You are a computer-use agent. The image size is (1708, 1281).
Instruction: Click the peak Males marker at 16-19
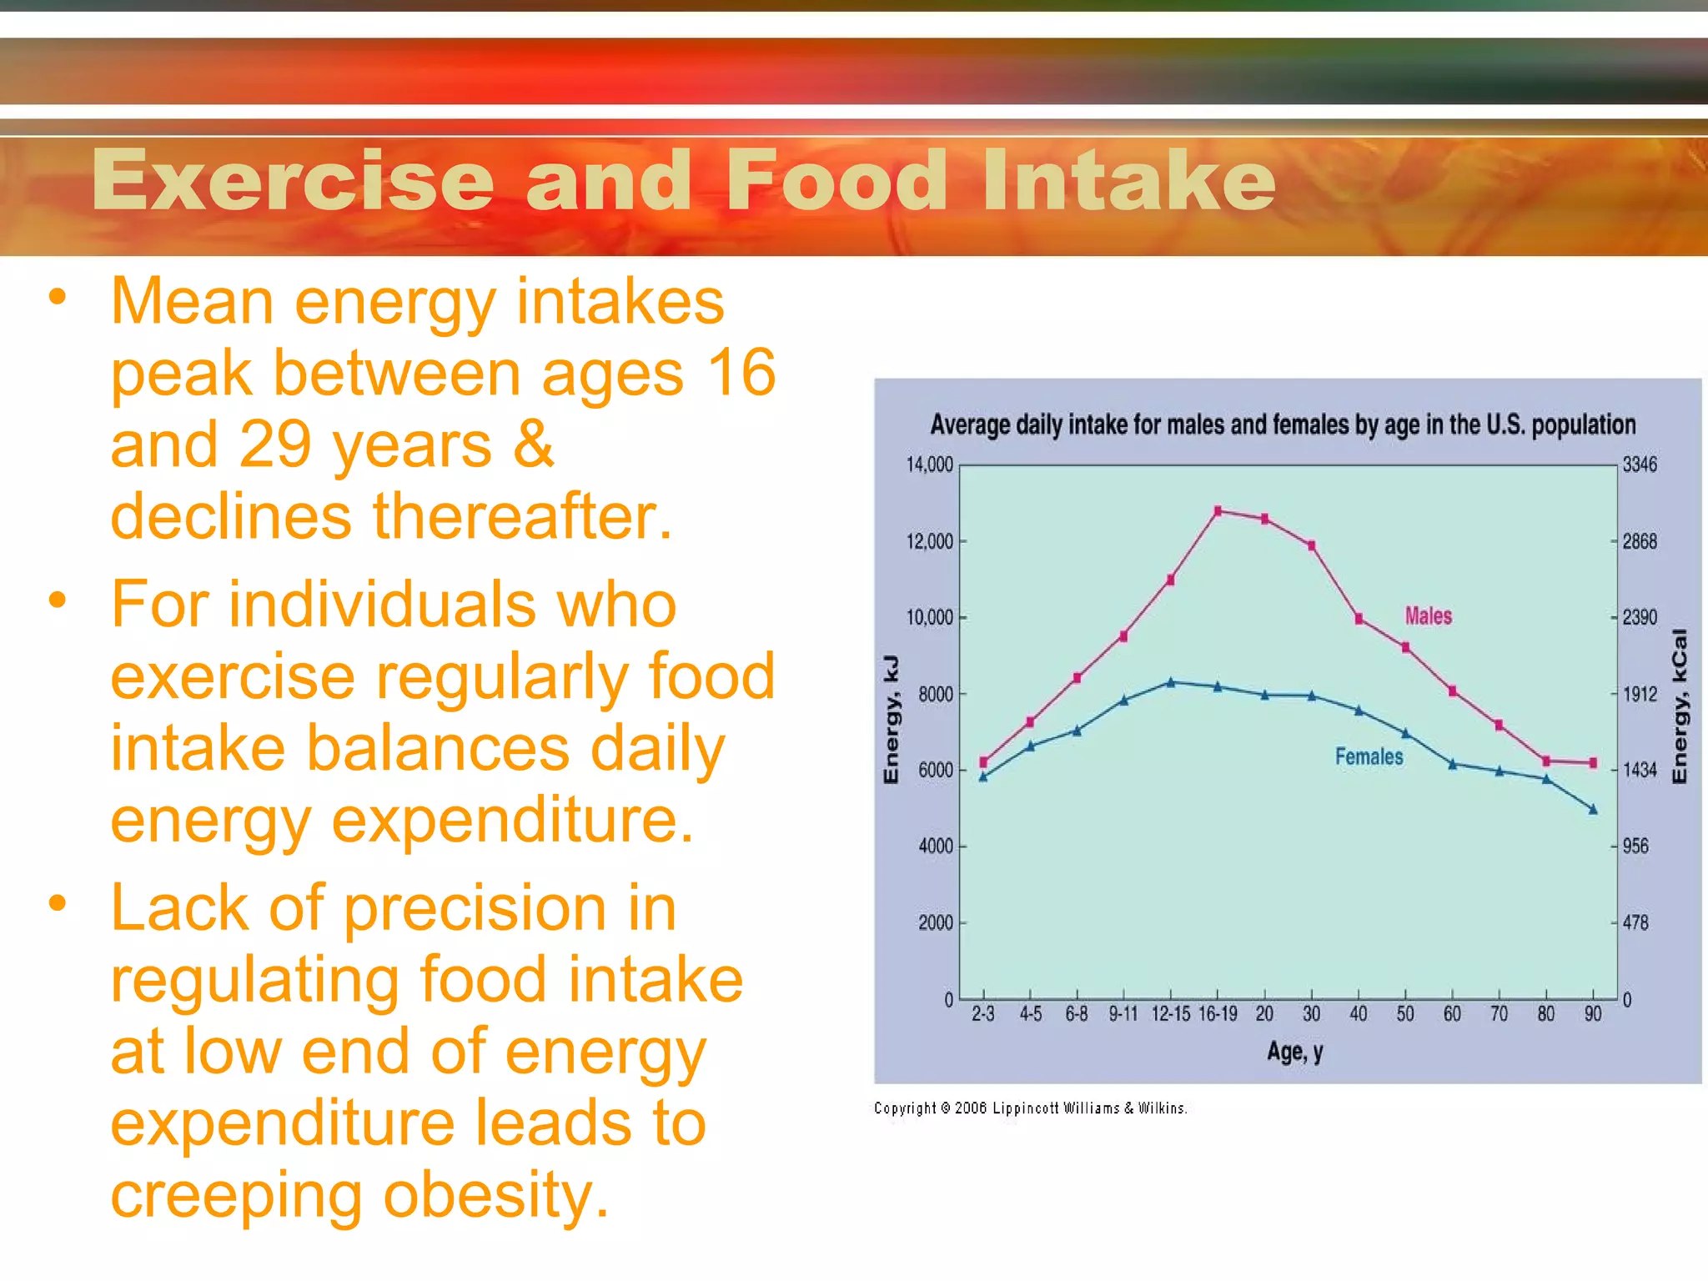point(1218,510)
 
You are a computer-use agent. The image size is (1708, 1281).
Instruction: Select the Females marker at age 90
point(1593,809)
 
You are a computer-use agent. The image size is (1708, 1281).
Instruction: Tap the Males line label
point(1428,615)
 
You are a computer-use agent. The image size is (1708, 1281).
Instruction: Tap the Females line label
point(1369,756)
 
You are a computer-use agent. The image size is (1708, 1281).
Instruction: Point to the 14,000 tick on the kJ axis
point(929,465)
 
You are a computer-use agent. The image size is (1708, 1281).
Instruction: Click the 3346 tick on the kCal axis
point(1640,465)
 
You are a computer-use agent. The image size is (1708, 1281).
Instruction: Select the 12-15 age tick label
point(1170,1014)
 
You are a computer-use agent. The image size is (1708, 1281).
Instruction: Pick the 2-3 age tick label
point(983,1014)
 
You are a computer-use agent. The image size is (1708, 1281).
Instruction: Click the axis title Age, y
point(1294,1052)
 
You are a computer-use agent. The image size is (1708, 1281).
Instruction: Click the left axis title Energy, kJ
point(891,719)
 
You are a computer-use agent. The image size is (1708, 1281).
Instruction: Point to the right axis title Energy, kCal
point(1680,706)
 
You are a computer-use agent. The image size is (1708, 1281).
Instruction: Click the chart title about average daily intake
point(1283,424)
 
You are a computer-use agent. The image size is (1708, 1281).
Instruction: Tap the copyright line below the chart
point(1030,1108)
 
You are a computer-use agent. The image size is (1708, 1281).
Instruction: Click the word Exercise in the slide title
point(293,180)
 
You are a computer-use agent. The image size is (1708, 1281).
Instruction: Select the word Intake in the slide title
point(1128,180)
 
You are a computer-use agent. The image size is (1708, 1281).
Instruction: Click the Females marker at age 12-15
point(1171,682)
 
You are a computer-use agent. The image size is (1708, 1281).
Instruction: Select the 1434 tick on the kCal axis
point(1640,770)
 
